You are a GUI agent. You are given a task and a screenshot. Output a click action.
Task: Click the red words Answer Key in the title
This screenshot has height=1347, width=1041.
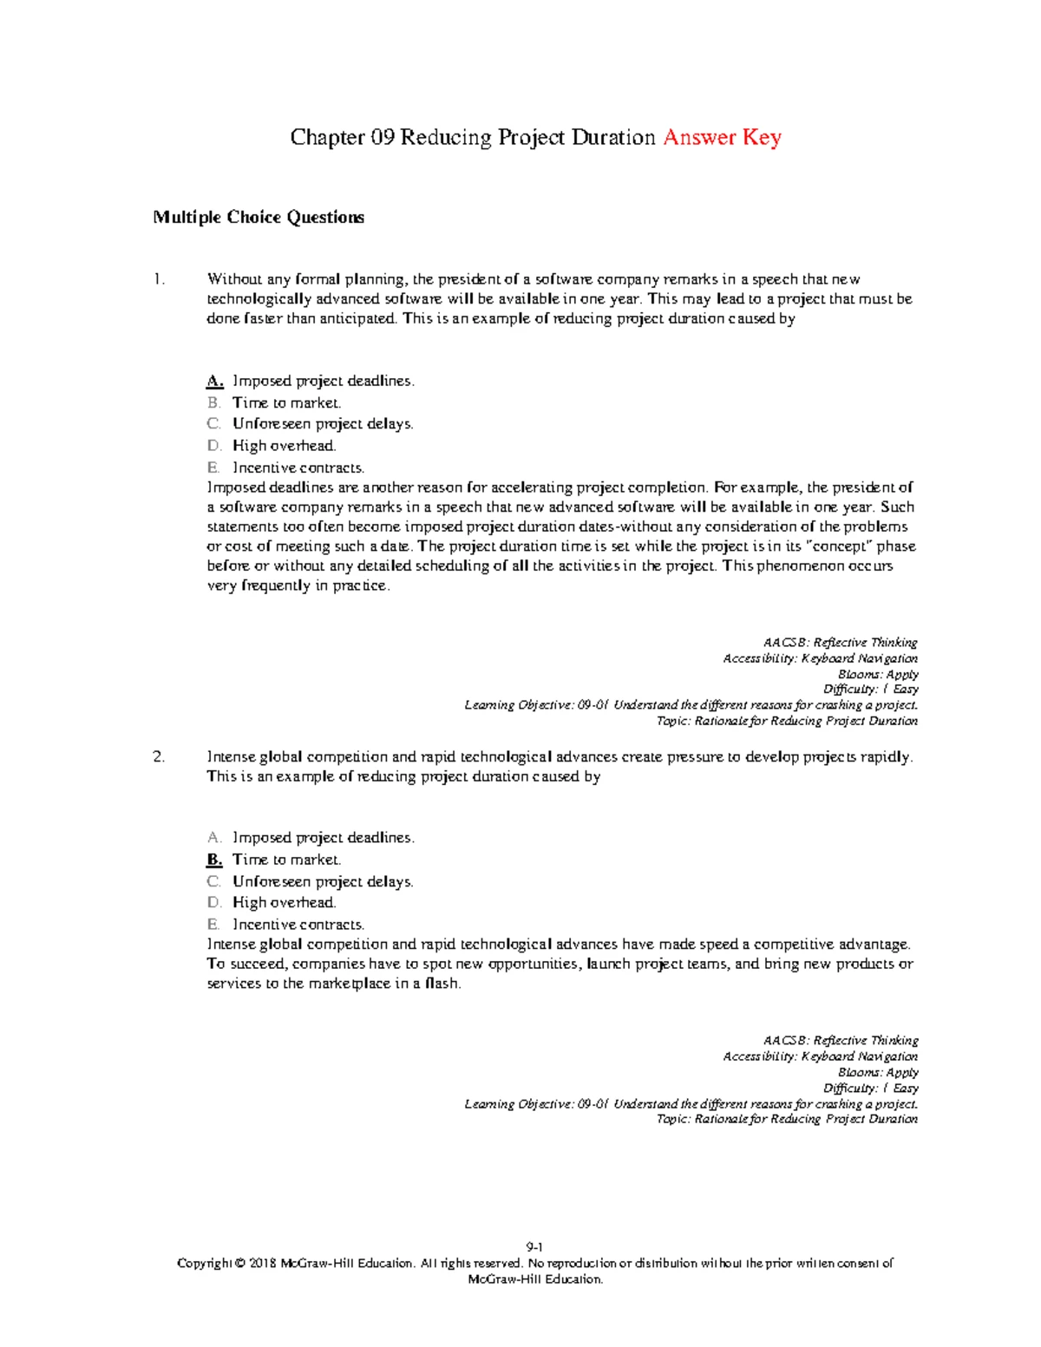pos(722,138)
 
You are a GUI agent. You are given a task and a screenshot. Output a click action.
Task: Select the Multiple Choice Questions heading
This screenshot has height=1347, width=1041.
pos(259,218)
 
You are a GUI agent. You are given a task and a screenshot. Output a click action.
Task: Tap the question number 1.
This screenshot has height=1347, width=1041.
pos(158,279)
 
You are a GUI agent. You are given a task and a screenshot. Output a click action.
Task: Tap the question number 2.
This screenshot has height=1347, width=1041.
pos(158,757)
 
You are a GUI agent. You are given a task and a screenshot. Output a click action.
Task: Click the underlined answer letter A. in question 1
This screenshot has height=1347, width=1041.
pos(215,381)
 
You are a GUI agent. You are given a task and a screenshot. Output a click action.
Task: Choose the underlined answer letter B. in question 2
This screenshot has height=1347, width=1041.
pos(214,860)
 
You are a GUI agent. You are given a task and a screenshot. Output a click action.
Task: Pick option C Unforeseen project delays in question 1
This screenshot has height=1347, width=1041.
pos(322,424)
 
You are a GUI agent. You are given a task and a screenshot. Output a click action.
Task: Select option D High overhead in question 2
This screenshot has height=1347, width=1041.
pos(284,903)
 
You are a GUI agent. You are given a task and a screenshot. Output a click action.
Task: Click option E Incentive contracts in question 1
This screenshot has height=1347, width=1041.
pos(298,468)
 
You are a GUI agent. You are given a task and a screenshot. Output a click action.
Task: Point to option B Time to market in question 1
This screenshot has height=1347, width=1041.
pos(286,402)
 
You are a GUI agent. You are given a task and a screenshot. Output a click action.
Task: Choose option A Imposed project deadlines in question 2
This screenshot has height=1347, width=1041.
pos(323,838)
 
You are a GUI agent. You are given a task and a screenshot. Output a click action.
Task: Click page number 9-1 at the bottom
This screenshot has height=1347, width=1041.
pos(534,1247)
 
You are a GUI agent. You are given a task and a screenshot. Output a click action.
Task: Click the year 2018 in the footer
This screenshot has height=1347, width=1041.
pos(263,1264)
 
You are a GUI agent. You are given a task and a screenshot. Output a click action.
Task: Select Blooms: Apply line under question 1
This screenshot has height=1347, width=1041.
pos(877,674)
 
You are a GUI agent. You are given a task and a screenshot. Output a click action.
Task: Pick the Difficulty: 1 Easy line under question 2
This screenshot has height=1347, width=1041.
pos(870,1088)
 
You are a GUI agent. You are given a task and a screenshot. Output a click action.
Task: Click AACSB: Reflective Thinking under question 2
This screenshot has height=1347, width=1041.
pos(840,1040)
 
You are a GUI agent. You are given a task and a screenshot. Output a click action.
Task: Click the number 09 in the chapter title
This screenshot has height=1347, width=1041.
pos(383,138)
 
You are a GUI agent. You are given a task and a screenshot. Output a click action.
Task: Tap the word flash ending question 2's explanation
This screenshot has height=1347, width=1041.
pos(442,984)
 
